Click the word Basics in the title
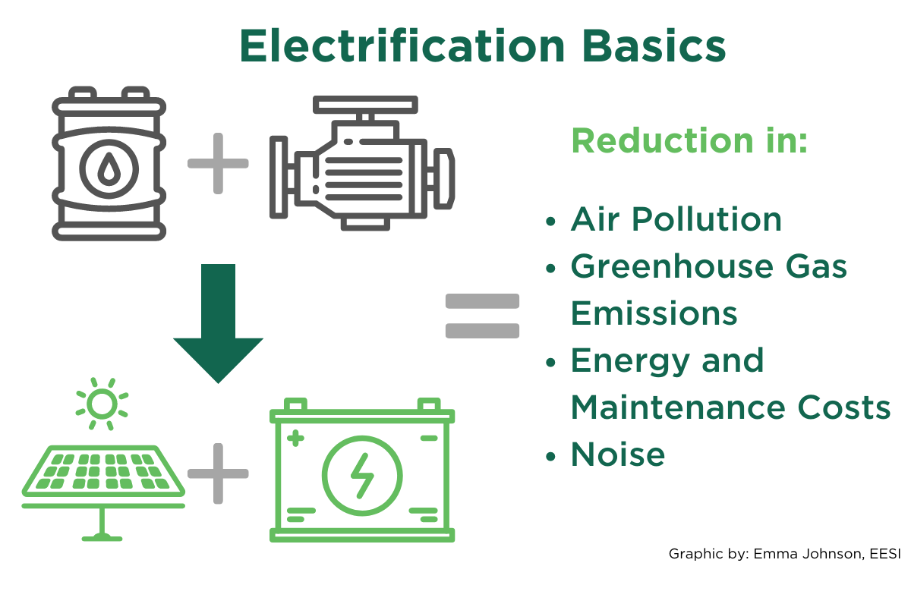pyautogui.click(x=654, y=46)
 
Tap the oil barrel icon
pyautogui.click(x=109, y=163)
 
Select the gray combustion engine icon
pyautogui.click(x=362, y=163)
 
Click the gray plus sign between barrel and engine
pyautogui.click(x=218, y=163)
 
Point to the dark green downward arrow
pyautogui.click(x=219, y=324)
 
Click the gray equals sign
pyautogui.click(x=482, y=316)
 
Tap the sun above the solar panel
pyautogui.click(x=102, y=404)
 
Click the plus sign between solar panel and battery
pyautogui.click(x=218, y=473)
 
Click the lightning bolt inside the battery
pyautogui.click(x=362, y=476)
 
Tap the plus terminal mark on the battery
pyautogui.click(x=295, y=439)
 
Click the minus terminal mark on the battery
pyautogui.click(x=429, y=439)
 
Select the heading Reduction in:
pyautogui.click(x=689, y=140)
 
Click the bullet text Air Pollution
pyautogui.click(x=676, y=219)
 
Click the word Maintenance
pyautogui.click(x=678, y=407)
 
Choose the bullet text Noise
pyautogui.click(x=618, y=454)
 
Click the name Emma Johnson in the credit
pyautogui.click(x=807, y=554)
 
